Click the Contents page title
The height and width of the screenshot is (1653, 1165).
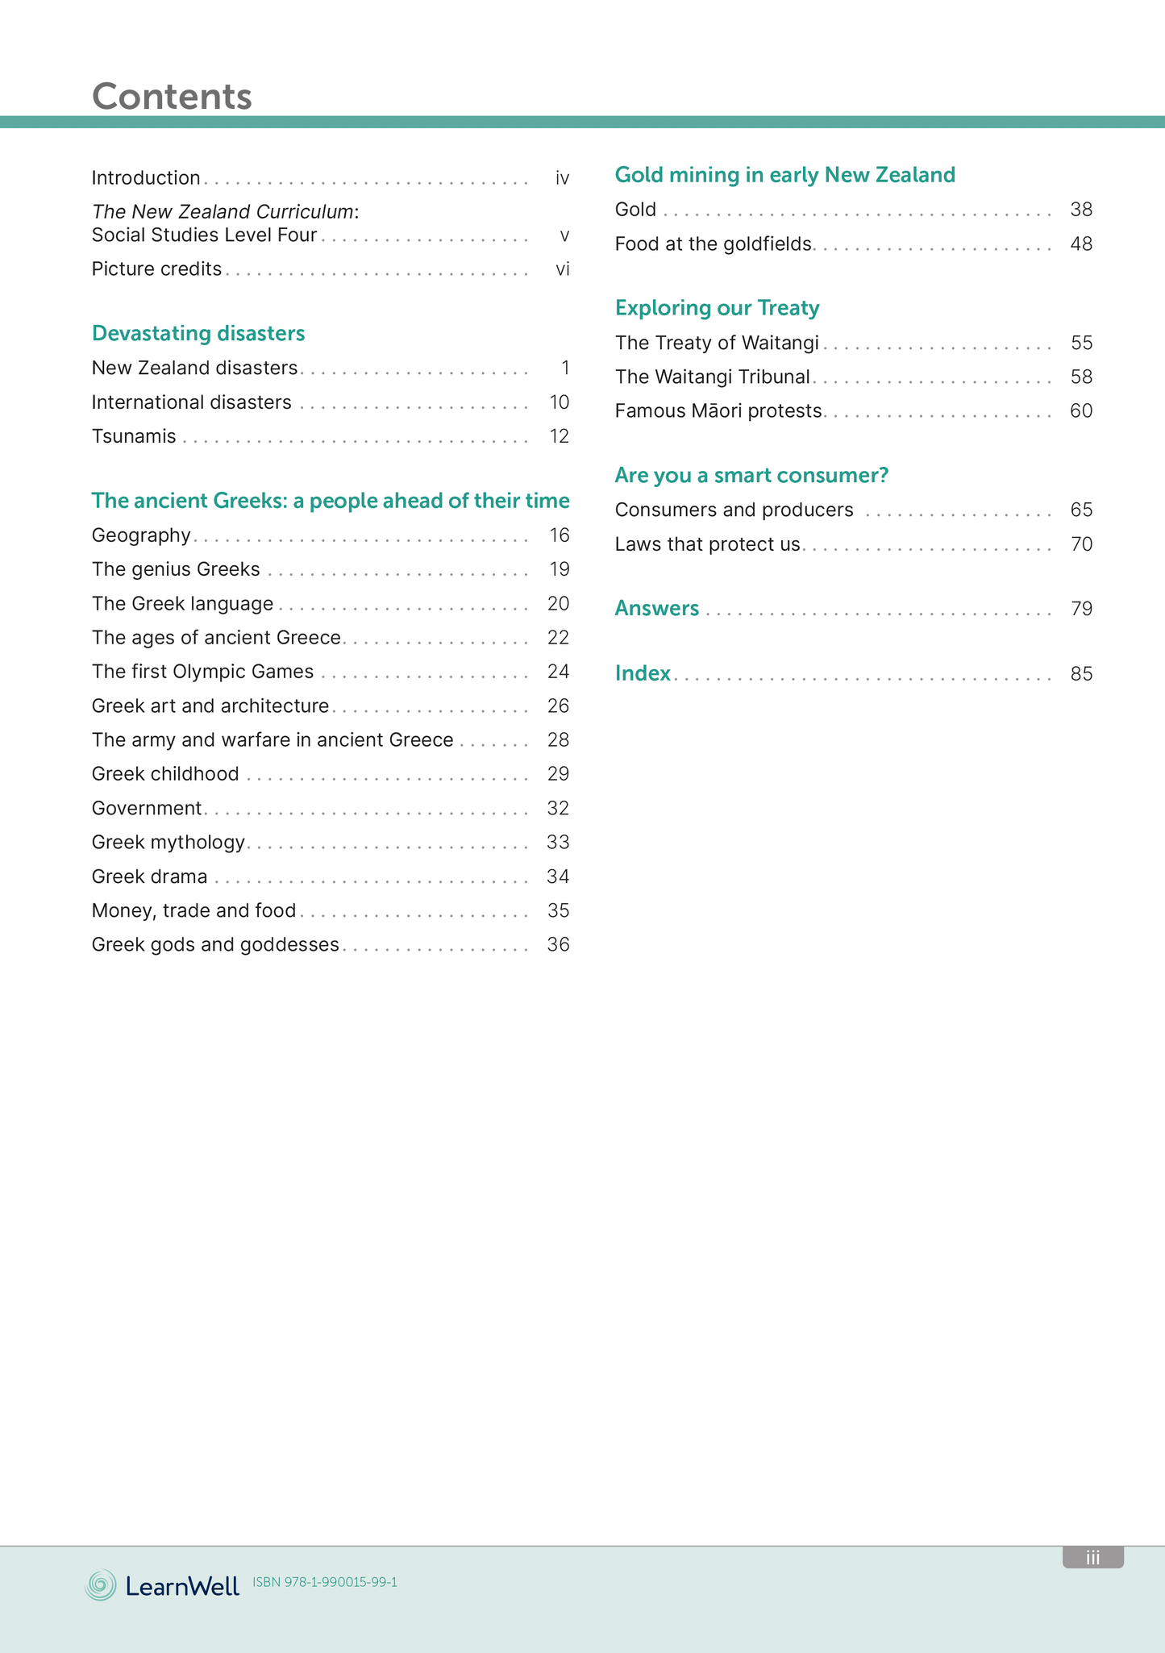tap(172, 96)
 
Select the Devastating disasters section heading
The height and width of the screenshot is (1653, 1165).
tap(198, 333)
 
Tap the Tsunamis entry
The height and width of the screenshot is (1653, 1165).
tap(134, 436)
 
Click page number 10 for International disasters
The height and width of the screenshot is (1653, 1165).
tap(559, 402)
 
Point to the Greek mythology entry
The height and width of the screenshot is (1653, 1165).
tap(169, 843)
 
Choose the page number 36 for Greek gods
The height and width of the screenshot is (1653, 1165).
tap(558, 944)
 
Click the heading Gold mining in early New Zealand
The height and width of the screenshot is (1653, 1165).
tap(784, 175)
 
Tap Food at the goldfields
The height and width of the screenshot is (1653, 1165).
tap(713, 244)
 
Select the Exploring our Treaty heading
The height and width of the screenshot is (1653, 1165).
tap(717, 308)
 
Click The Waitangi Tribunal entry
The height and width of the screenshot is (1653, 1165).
tap(712, 377)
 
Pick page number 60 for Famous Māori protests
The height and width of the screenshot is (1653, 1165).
tap(1081, 411)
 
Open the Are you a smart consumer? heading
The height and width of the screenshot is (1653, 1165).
tap(751, 476)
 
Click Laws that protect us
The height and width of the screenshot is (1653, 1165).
tap(707, 544)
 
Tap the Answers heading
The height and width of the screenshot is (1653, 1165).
tap(656, 608)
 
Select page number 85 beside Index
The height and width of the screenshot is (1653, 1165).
tap(1081, 673)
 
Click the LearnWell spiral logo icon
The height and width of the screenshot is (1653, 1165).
tap(101, 1585)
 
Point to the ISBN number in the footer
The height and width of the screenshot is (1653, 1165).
tap(325, 1582)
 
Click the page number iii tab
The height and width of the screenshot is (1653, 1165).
tap(1092, 1557)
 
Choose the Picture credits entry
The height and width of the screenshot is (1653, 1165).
tap(156, 269)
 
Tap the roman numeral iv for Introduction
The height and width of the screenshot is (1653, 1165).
tap(562, 178)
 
